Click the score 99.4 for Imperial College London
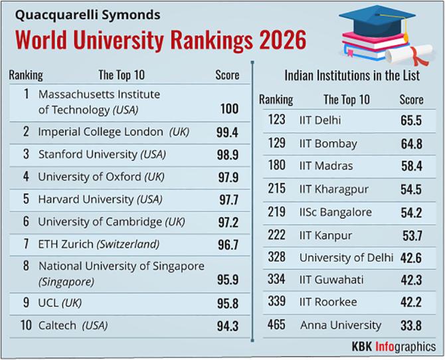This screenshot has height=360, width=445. (227, 133)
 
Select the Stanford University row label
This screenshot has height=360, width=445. (88, 154)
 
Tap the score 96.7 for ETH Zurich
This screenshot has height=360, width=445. (227, 244)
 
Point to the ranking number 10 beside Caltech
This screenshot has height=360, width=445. (25, 325)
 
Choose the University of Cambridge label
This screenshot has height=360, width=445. (90, 221)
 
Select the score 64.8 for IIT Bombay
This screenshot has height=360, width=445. (410, 143)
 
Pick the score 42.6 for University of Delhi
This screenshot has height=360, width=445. (411, 257)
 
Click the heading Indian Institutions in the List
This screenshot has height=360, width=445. (351, 75)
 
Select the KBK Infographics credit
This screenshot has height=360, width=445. (394, 346)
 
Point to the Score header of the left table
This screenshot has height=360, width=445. (227, 75)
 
